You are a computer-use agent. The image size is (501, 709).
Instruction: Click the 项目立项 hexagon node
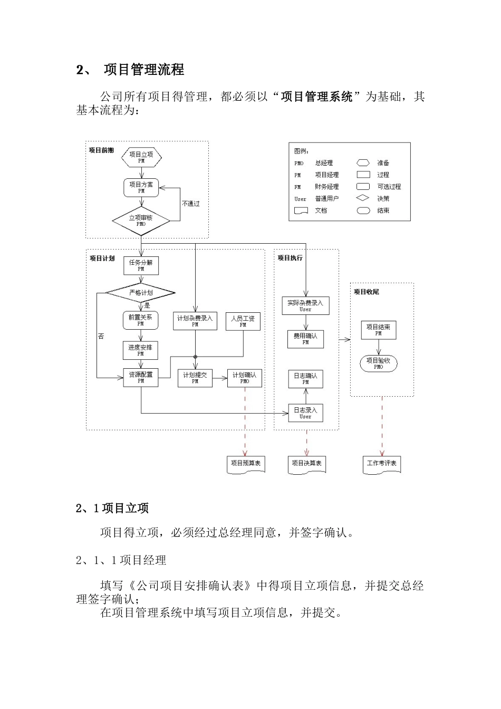[x=141, y=157]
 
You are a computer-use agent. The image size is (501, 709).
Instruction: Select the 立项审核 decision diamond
[x=141, y=221]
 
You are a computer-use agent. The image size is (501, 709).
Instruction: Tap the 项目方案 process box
[x=141, y=187]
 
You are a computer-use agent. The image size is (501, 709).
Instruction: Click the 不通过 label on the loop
[x=190, y=204]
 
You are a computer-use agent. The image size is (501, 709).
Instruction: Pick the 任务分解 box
[x=141, y=265]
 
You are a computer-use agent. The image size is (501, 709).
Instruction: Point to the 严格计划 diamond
[x=141, y=293]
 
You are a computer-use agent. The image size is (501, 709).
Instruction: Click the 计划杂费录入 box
[x=195, y=321]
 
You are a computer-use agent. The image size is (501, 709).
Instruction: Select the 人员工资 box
[x=243, y=321]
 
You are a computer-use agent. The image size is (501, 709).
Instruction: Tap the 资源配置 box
[x=141, y=377]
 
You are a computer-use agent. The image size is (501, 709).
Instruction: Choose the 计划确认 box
[x=245, y=378]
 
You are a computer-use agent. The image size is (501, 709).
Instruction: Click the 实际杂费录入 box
[x=305, y=306]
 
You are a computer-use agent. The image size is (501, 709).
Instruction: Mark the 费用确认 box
[x=305, y=339]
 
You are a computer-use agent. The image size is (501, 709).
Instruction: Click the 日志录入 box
[x=305, y=413]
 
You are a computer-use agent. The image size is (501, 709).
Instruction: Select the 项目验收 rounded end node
[x=379, y=363]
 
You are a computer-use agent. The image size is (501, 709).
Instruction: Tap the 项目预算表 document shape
[x=246, y=464]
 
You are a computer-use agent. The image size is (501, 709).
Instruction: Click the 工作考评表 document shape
[x=382, y=464]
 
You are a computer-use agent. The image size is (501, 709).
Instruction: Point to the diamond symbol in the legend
[x=363, y=198]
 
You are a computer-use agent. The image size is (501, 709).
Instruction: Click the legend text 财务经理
[x=327, y=187]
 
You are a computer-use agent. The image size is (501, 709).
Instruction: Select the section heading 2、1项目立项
[x=112, y=508]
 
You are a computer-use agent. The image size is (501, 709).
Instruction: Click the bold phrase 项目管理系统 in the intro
[x=317, y=97]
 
